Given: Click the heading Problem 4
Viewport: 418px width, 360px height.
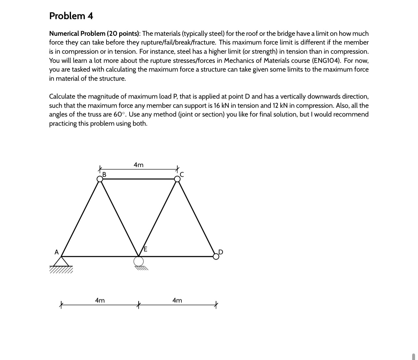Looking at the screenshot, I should [71, 16].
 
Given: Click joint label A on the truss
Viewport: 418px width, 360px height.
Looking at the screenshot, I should [56, 252].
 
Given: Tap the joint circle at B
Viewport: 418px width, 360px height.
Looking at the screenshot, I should [100, 179].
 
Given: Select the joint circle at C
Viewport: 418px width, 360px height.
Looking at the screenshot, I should [177, 179].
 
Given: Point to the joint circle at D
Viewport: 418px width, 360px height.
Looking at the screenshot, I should [216, 256].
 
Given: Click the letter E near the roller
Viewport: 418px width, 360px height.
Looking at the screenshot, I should [145, 249].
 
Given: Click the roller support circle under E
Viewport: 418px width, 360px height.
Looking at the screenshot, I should [138, 261].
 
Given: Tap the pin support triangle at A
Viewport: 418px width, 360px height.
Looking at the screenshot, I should [61, 261].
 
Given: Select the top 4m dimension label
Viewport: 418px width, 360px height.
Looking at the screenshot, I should [138, 165].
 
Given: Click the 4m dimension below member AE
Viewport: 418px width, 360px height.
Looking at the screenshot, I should [100, 300].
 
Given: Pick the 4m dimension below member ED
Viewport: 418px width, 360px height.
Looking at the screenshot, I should [177, 300].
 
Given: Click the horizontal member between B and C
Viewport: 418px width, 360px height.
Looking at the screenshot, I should [138, 179].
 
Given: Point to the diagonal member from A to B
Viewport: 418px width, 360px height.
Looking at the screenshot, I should [80, 218].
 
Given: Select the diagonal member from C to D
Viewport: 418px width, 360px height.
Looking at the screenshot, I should [197, 218].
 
